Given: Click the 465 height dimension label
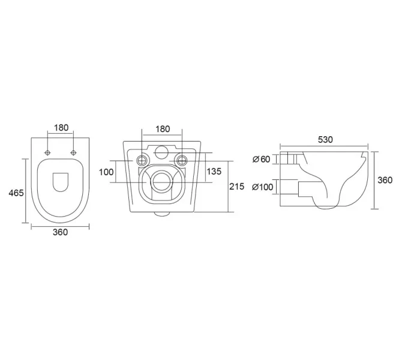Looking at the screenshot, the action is click(16, 193).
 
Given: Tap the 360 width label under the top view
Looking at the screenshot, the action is click(60, 232).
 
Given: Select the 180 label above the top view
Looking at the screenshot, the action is click(61, 128).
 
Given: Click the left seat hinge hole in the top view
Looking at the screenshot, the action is click(47, 152).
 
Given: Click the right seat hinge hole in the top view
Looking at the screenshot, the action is click(74, 152).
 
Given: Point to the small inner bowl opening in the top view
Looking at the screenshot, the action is click(61, 182).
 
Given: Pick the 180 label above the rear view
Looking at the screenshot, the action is click(163, 129).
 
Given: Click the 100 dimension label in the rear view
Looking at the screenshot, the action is click(106, 172).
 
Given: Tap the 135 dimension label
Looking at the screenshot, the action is click(214, 171).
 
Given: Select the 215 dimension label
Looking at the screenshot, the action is click(236, 186).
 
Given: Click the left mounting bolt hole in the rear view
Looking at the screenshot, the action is click(142, 160).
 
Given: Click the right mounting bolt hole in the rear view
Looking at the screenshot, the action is click(182, 160).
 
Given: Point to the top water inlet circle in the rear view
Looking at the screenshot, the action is click(162, 152).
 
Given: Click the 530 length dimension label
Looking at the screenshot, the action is click(325, 140).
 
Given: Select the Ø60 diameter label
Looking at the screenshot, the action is click(261, 160).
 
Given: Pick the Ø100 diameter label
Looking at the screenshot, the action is click(262, 187).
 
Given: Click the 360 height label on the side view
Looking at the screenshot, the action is click(385, 180).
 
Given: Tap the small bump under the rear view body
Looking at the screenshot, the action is click(162, 214).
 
